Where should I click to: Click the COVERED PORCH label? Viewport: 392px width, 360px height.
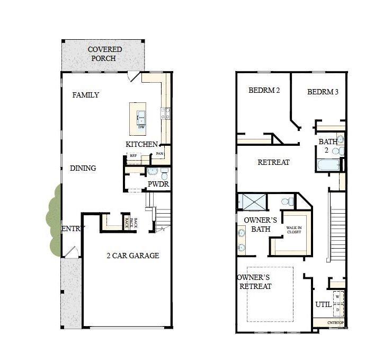(105, 54)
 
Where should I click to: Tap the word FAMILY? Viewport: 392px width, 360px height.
(86, 95)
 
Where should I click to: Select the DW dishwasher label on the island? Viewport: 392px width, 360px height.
(141, 127)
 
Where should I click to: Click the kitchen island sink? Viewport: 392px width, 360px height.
(141, 117)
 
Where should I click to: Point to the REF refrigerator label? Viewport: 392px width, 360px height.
(133, 155)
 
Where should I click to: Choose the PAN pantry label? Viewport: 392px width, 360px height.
(159, 154)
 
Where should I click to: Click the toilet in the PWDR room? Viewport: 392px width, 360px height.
(164, 173)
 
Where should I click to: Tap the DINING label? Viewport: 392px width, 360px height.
(83, 168)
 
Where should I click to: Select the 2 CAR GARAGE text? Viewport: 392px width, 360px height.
(132, 256)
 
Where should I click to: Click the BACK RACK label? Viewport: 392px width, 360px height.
(131, 222)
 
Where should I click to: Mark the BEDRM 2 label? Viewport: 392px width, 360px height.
(264, 90)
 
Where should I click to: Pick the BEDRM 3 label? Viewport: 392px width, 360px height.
(323, 92)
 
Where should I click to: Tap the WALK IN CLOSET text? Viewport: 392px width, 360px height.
(295, 229)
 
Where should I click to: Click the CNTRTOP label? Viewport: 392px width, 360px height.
(335, 322)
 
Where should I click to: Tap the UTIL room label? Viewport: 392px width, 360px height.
(323, 304)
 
